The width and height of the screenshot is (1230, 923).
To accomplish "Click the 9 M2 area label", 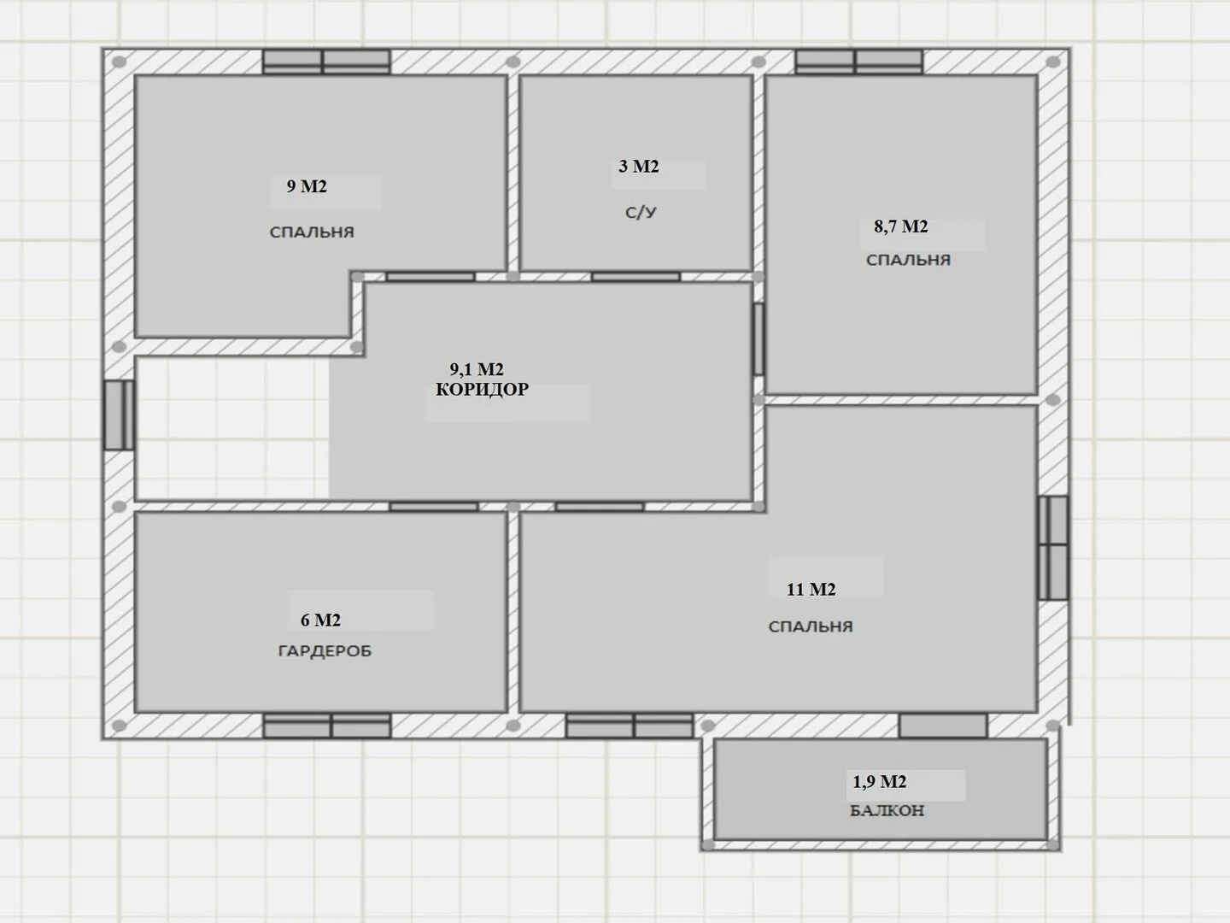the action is click(x=307, y=186).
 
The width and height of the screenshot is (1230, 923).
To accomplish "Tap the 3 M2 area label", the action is click(x=639, y=167).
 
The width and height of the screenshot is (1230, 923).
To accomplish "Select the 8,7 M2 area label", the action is click(x=901, y=226).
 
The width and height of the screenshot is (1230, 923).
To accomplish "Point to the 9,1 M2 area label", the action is click(x=477, y=369).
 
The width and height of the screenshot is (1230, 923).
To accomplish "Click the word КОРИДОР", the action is click(x=483, y=389).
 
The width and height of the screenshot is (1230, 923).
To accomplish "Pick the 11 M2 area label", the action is click(x=811, y=590).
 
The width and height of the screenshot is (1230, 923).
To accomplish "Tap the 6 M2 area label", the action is click(x=320, y=620).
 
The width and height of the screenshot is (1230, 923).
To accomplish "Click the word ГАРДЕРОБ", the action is click(x=325, y=650).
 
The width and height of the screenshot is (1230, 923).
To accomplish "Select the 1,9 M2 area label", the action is click(x=879, y=781).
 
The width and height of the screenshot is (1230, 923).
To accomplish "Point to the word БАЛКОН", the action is click(x=887, y=811).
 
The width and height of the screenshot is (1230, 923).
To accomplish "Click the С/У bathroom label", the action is click(x=641, y=213).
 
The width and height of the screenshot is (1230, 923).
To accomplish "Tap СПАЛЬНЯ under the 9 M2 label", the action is click(x=312, y=232).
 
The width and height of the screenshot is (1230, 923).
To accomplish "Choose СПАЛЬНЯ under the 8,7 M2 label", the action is click(x=908, y=260).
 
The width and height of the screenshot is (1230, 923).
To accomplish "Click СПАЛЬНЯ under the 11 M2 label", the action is click(x=811, y=626).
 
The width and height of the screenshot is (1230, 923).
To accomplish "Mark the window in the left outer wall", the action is click(x=119, y=415).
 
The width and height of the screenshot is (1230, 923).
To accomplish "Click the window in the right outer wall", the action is click(x=1053, y=548).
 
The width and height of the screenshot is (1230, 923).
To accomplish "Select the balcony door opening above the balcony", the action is click(x=943, y=726).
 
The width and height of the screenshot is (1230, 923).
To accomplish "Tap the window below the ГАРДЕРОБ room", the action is click(x=327, y=726).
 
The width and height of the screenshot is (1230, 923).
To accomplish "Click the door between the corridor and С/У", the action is click(x=636, y=277).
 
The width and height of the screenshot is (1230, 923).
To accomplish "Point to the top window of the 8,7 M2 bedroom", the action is click(x=859, y=62).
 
